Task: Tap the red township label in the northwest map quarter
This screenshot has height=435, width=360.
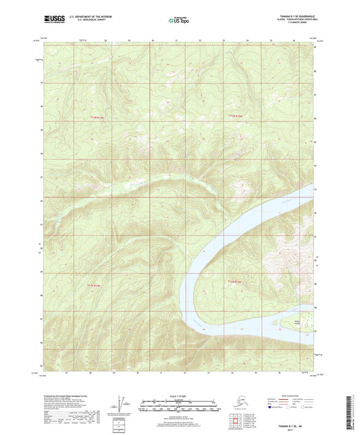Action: [x=99, y=117]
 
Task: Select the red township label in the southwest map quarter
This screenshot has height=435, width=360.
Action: [x=97, y=285]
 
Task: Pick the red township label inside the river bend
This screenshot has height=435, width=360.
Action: [x=232, y=278]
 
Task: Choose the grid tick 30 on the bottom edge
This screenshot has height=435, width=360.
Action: [x=137, y=372]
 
